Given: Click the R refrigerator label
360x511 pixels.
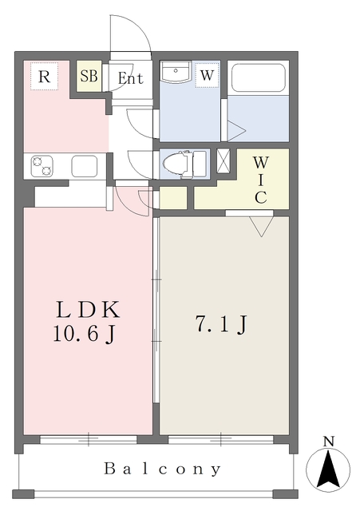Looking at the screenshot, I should (x=45, y=77).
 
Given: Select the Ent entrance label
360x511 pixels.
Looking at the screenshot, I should (x=130, y=78).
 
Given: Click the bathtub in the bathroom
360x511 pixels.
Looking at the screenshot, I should (x=258, y=78).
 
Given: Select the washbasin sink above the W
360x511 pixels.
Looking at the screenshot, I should (x=174, y=72).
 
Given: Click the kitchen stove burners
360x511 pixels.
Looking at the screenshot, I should (x=41, y=166).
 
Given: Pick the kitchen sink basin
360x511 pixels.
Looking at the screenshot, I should (x=84, y=166).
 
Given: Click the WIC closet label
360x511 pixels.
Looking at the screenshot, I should (x=260, y=180).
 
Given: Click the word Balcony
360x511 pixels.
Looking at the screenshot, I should (x=163, y=469).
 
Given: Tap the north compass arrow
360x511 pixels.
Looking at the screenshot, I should (x=328, y=469).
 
